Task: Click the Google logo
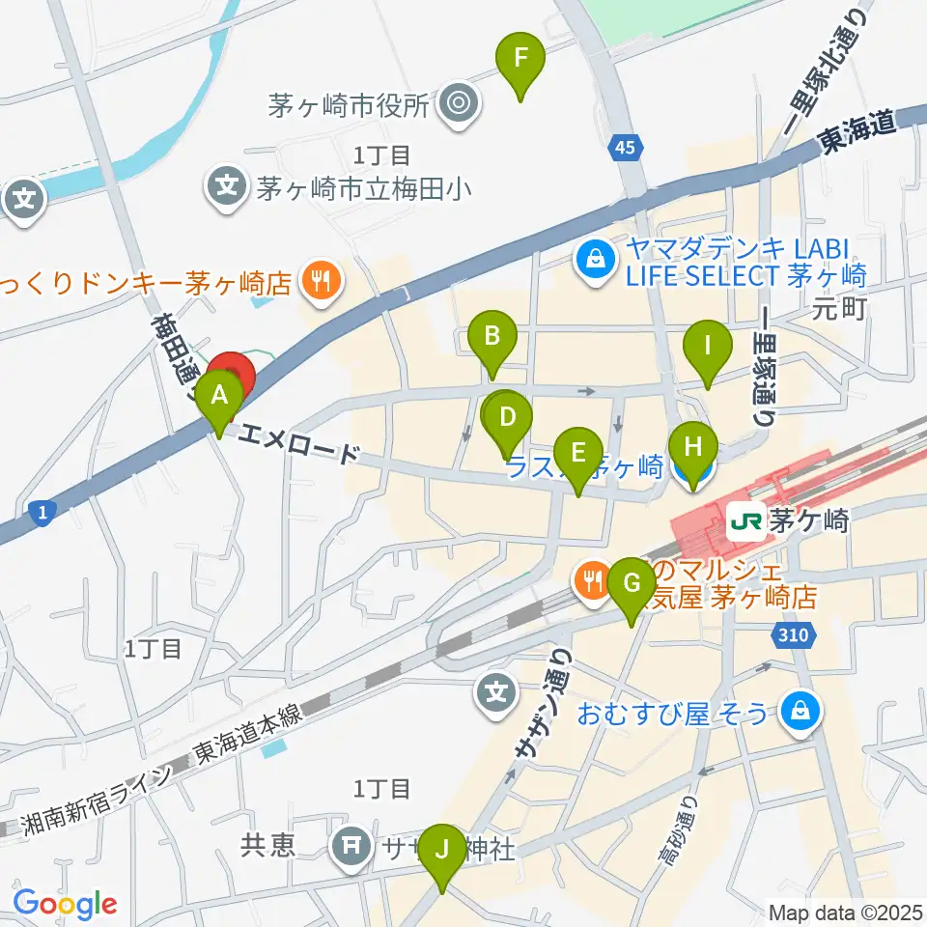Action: tap(65, 904)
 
